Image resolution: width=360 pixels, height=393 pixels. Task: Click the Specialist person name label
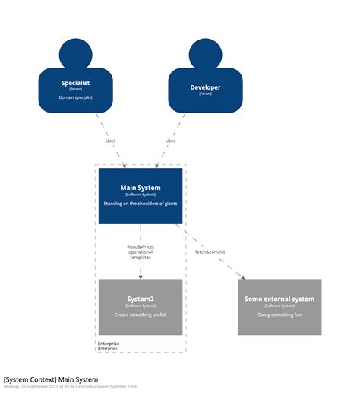75,83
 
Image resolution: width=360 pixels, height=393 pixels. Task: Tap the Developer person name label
205,87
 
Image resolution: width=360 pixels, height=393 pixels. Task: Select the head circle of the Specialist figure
75,53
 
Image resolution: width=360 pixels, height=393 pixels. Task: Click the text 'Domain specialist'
75,97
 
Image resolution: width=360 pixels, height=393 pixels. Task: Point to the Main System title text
141,187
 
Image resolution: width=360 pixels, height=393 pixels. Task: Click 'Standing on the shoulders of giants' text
141,203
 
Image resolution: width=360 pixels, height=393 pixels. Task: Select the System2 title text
141,299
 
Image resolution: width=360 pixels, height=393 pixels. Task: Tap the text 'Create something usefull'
141,314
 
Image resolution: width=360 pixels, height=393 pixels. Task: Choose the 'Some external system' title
279,299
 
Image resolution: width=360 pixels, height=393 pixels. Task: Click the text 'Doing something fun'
279,314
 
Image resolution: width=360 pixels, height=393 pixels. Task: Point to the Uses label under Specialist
111,141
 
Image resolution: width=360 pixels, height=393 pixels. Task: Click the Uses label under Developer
170,141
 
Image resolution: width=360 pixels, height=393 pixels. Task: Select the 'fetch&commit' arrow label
210,252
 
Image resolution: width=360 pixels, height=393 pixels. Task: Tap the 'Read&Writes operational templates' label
140,252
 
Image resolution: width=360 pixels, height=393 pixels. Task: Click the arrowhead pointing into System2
141,276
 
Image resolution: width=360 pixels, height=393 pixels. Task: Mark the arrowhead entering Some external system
242,277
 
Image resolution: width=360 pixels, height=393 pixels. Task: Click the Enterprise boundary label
109,344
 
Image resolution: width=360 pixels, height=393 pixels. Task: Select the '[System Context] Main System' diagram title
50,379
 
